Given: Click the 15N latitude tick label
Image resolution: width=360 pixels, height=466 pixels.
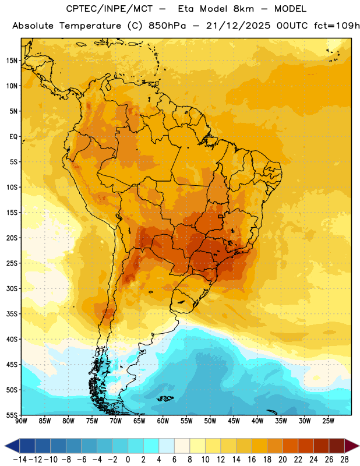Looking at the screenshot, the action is coord(12,61).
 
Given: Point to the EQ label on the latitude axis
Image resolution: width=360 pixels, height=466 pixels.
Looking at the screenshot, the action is coord(13,137).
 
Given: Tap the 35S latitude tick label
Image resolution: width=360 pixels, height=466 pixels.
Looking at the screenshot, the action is coord(12,314).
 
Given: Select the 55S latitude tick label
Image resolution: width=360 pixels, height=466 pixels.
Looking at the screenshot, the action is coord(12,415).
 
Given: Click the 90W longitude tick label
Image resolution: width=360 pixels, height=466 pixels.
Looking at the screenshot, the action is coord(21,421).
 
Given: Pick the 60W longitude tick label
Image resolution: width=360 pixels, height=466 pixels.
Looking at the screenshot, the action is coord(163,421).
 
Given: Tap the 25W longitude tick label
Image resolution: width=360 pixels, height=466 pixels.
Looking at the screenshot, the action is coord(328,421).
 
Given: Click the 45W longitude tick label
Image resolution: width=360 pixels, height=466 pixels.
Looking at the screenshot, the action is coord(234,421).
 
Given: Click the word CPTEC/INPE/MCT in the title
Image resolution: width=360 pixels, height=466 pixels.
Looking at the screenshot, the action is coord(110,9).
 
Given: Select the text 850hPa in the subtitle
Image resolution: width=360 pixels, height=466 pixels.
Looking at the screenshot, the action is coord(167,26).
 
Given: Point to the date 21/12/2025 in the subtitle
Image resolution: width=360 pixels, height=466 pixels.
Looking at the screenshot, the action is coord(238,26).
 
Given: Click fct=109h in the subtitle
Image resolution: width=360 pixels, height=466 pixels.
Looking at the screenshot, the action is coord(337,26).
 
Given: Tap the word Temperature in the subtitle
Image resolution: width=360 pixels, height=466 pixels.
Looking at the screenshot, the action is coord(90,26).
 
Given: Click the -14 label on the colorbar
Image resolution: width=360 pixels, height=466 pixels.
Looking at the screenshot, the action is coord(20,460).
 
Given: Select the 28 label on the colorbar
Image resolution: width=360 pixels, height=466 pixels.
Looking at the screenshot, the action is coord(344,460).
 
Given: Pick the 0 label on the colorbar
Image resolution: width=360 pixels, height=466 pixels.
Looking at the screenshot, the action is coord(128,460).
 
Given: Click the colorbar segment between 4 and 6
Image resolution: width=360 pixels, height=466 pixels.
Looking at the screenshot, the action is coord(167,446).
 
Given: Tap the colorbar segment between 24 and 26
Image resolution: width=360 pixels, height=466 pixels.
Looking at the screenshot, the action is coord(322,446).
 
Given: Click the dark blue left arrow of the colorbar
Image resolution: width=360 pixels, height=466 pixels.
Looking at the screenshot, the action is coord(12,446).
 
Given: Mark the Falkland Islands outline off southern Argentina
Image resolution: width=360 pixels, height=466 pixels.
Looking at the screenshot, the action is coord(165,398).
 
